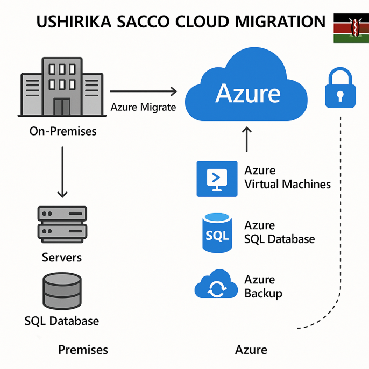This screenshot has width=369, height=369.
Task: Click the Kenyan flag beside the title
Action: (x=351, y=28)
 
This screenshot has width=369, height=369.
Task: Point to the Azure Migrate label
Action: (x=143, y=107)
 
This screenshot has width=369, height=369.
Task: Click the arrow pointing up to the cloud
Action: (x=247, y=139)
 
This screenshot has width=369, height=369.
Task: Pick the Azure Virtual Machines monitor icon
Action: (x=217, y=178)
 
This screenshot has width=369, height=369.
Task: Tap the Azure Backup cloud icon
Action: (x=216, y=285)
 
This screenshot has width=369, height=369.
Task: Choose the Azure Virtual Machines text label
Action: (x=287, y=178)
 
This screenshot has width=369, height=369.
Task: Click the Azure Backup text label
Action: (x=263, y=286)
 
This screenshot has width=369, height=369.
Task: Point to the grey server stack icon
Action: (x=62, y=223)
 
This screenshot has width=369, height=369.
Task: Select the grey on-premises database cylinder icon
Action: (x=62, y=291)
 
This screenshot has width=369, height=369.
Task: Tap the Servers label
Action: (x=62, y=258)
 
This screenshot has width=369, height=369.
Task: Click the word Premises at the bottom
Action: (x=83, y=350)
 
